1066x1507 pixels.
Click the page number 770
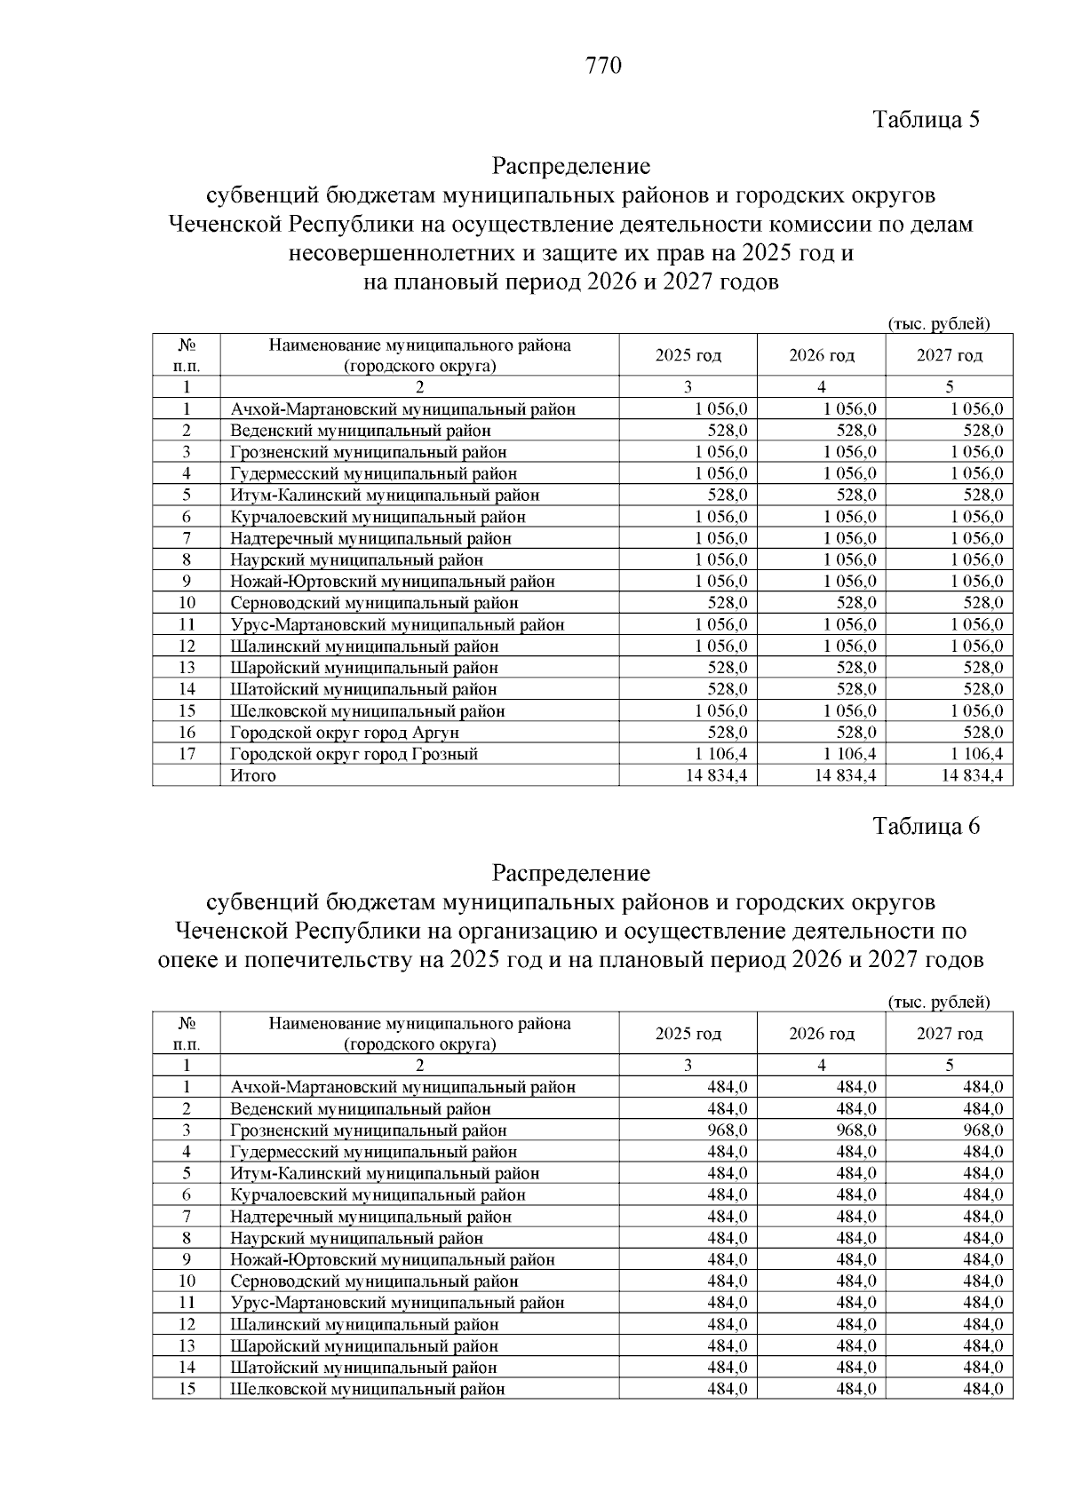[604, 66]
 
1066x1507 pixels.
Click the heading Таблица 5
[926, 120]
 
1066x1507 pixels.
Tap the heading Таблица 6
[926, 826]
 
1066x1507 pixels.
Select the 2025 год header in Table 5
[688, 356]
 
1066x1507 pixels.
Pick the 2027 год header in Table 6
[949, 1034]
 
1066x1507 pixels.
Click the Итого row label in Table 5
[253, 775]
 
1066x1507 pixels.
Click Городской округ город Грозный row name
[354, 754]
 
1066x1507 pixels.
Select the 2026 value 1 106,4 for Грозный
[849, 754]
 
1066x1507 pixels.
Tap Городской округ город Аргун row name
[344, 733]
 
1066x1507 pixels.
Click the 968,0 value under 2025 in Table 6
[727, 1130]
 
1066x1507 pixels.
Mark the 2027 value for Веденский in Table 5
[984, 431]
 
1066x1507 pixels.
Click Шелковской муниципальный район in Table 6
[367, 1389]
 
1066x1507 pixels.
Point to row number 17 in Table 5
[187, 754]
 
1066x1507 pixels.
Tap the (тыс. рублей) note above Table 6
[938, 1002]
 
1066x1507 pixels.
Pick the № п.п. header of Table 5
[187, 355]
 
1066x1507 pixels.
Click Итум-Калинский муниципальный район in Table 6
[384, 1173]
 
